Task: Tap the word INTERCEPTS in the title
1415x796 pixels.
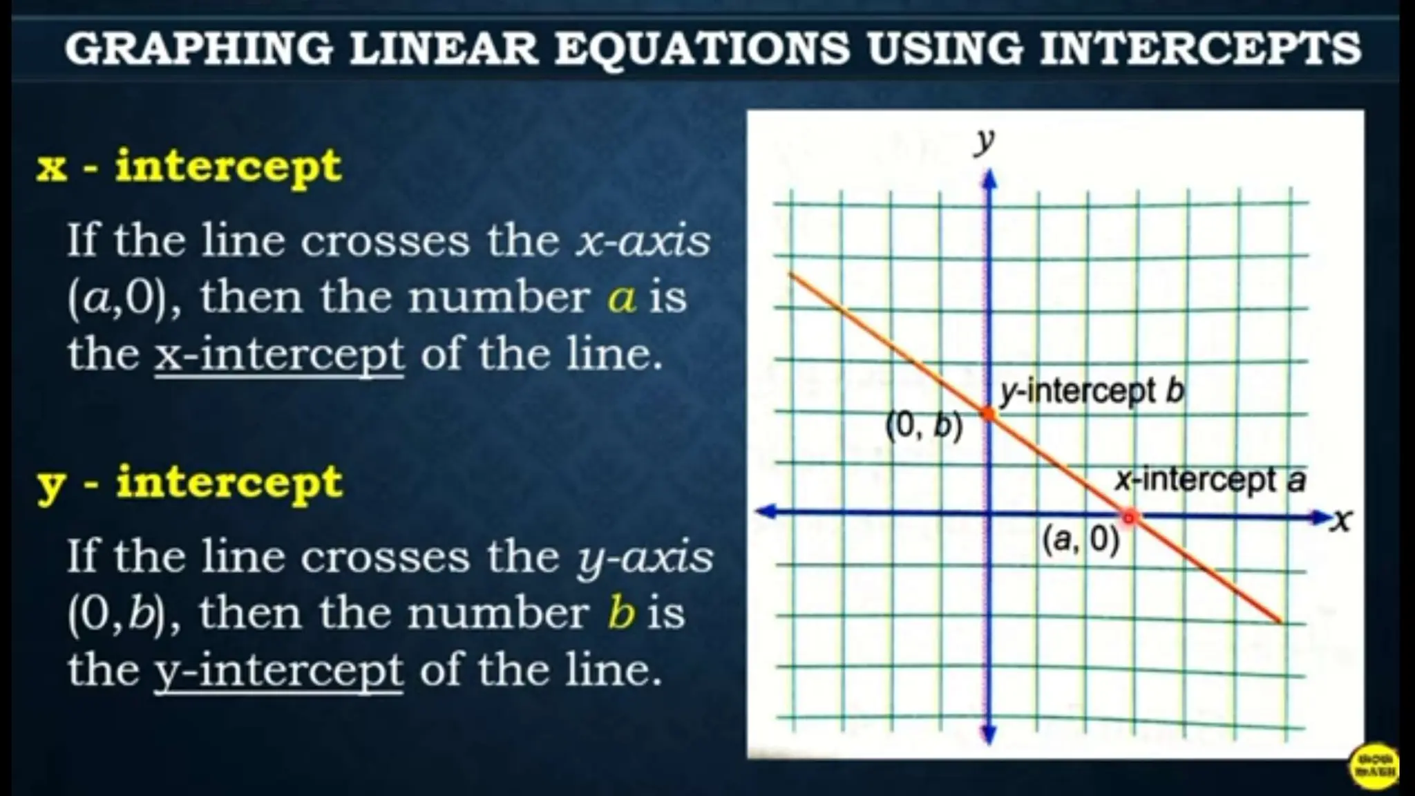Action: (1200, 48)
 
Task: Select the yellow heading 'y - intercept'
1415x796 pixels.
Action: (190, 482)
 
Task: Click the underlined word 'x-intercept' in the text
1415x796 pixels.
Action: (279, 354)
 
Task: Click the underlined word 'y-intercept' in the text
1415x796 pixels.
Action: (278, 670)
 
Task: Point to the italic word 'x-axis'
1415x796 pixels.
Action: (643, 240)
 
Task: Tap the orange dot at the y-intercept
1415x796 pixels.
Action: (989, 414)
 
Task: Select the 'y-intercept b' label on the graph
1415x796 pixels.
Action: (1092, 392)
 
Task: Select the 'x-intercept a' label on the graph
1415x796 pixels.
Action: (1210, 480)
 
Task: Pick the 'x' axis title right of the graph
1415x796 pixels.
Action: (1341, 520)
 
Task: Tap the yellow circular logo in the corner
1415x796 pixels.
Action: (1374, 766)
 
